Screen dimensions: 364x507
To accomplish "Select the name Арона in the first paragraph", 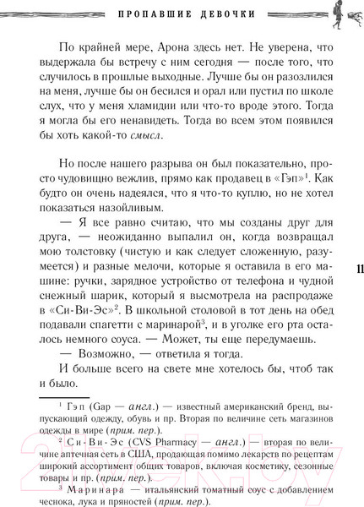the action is point(172,50).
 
